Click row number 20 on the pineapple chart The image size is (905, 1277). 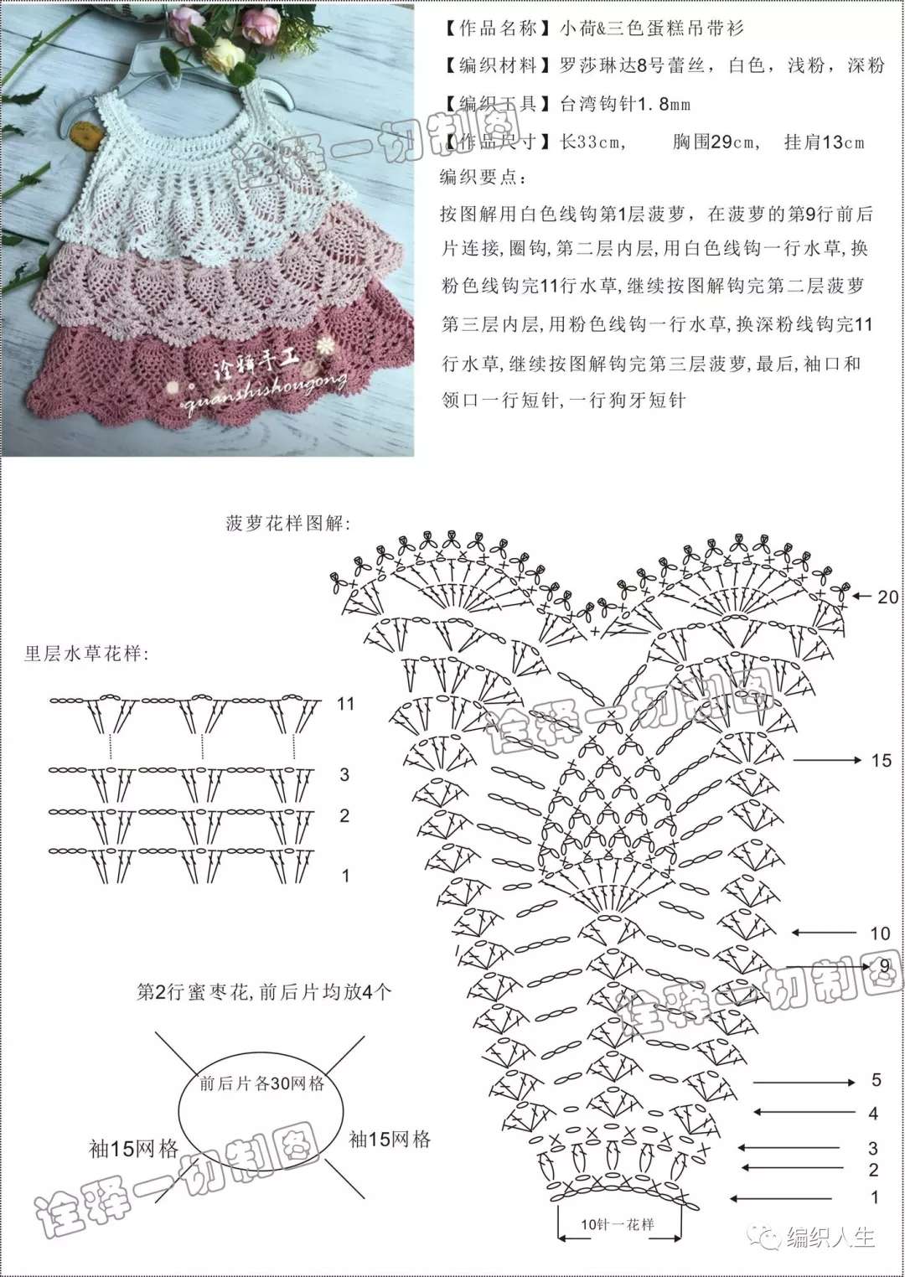[x=888, y=597]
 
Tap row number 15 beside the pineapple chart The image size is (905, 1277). [x=881, y=761]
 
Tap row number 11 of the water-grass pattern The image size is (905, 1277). [x=345, y=704]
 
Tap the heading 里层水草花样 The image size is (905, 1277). [x=86, y=654]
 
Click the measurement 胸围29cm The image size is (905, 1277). [x=716, y=142]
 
